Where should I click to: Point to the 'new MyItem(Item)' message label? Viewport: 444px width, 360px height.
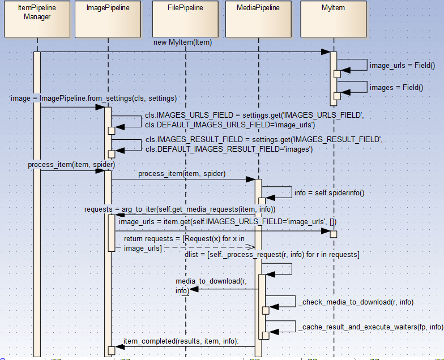[182, 43]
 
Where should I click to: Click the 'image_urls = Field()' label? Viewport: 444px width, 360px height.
[402, 66]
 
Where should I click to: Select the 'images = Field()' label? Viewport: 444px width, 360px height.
[396, 87]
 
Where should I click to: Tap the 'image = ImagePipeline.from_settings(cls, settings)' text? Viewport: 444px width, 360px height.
[93, 98]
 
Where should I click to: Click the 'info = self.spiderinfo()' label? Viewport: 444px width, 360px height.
[330, 192]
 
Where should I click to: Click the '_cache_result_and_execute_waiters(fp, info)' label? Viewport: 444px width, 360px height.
[371, 327]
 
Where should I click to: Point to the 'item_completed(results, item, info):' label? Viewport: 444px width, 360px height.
[181, 341]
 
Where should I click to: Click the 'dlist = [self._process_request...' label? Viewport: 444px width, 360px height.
[272, 255]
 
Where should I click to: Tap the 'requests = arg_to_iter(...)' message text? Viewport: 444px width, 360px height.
[180, 209]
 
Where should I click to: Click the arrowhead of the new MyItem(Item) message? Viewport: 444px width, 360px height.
[326, 52]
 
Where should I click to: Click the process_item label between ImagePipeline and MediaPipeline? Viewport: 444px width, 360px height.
[182, 174]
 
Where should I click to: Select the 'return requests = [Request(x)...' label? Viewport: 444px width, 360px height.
[184, 243]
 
